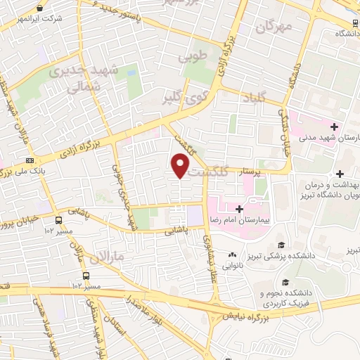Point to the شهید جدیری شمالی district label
tap(78, 78)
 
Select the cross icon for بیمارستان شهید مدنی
tap(335, 127)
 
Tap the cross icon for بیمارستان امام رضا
tap(240, 209)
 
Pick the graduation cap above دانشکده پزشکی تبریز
tap(282, 245)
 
